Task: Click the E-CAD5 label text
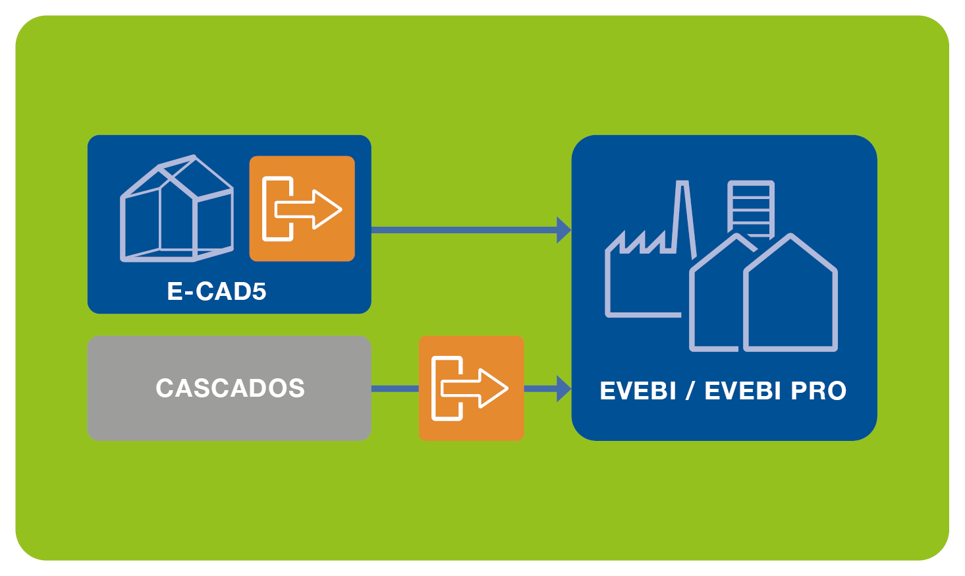click(216, 291)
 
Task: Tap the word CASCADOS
click(230, 388)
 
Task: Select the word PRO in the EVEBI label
click(818, 391)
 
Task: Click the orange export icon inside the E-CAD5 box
click(302, 209)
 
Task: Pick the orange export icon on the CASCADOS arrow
click(471, 388)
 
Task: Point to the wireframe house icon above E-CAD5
click(177, 209)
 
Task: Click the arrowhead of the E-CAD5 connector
click(563, 230)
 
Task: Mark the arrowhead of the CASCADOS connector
click(563, 388)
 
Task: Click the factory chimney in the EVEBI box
click(683, 217)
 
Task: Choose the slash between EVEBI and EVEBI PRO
click(690, 391)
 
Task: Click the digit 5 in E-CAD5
click(259, 291)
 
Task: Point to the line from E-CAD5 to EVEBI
click(461, 230)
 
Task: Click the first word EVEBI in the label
click(638, 391)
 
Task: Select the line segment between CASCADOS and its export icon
click(395, 389)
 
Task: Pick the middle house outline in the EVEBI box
click(715, 297)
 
